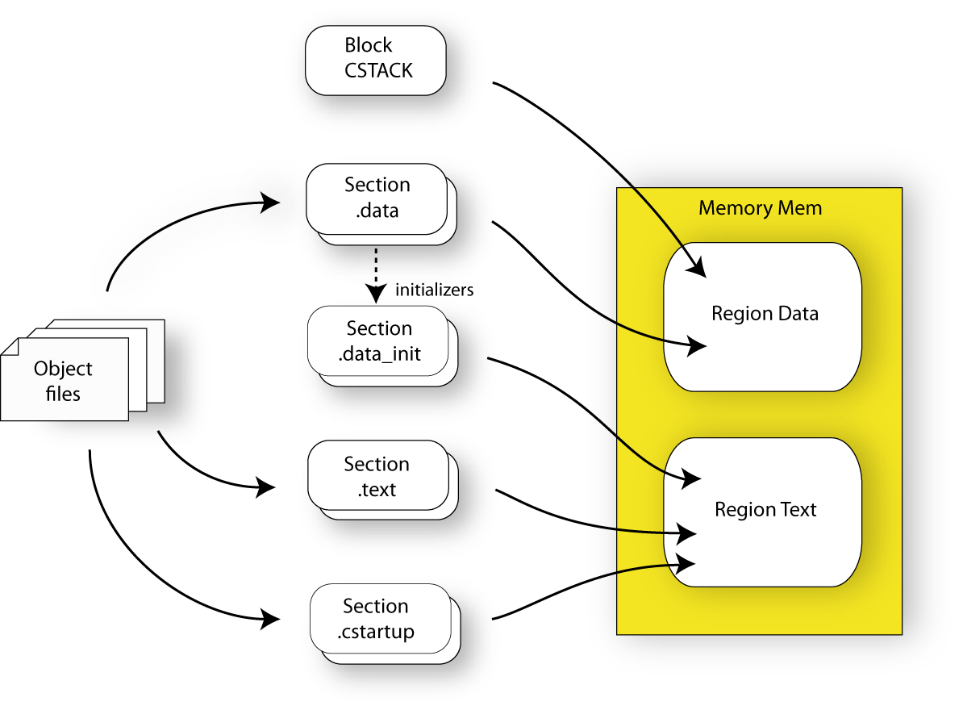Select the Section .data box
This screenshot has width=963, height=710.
coord(377,198)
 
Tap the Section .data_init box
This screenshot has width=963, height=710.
coord(378,340)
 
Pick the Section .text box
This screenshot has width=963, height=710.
coord(377,476)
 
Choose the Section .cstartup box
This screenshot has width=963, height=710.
coord(379,619)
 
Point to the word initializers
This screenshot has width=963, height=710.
coord(434,290)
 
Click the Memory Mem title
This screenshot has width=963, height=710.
coord(760,208)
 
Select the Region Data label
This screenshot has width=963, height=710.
coord(765,314)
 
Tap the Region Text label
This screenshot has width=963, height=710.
coord(765,510)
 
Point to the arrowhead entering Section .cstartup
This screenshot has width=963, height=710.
coord(270,620)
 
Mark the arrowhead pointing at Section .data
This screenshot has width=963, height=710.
coord(270,203)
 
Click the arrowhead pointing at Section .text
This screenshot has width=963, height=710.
coord(266,487)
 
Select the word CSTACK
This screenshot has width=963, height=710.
coord(378,71)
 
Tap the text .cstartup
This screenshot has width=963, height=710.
coord(376,632)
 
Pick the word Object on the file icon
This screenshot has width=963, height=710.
coord(63,369)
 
